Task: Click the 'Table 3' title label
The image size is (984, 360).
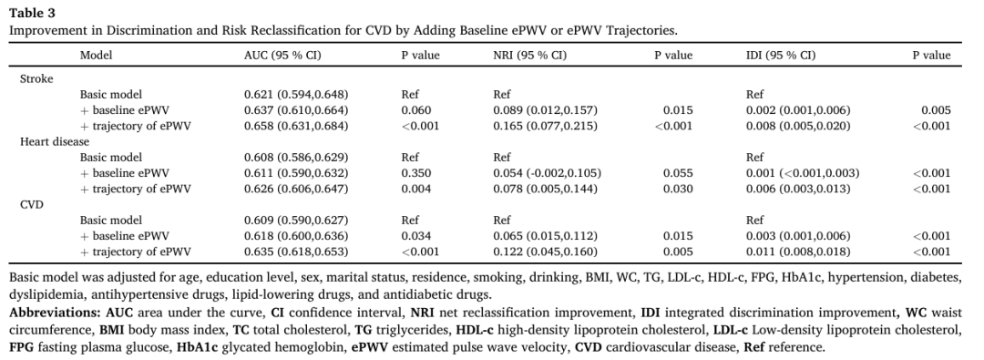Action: coord(31,13)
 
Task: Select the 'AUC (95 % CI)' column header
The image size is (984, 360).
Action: coord(282,56)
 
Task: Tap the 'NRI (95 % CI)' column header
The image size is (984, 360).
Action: coord(529,56)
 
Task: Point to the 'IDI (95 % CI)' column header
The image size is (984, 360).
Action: coord(781,56)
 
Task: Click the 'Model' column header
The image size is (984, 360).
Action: coord(96,56)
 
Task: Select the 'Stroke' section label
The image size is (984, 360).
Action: coord(36,79)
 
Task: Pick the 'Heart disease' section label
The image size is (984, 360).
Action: coord(55,142)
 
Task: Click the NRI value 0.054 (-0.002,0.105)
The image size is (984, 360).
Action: coord(548,173)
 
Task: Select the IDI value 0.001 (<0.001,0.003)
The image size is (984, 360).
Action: coord(803,173)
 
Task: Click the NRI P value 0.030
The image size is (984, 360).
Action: coord(679,189)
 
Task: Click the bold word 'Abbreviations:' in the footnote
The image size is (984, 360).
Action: coord(44,313)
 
